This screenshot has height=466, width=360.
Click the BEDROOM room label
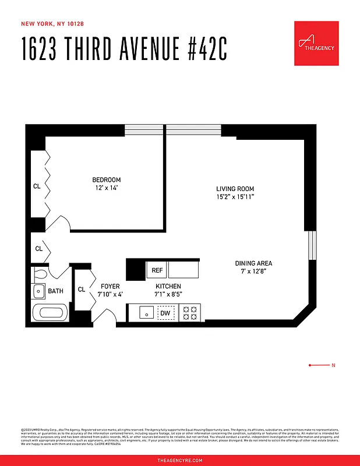(x=107, y=180)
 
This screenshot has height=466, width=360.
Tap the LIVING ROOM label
(x=235, y=189)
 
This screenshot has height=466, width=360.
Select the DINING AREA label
(x=253, y=263)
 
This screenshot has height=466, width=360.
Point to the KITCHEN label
(x=168, y=287)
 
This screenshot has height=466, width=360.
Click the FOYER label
(x=110, y=287)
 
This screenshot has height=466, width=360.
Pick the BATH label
(x=56, y=291)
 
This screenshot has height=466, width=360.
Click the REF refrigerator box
(x=157, y=270)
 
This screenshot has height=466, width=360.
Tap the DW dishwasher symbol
(x=165, y=313)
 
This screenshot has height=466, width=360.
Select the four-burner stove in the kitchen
(x=190, y=313)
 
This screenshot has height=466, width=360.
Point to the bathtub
(x=50, y=313)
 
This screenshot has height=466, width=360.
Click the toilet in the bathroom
(x=41, y=273)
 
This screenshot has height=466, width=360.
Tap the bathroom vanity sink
(x=39, y=291)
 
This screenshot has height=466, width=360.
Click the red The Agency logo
(x=316, y=44)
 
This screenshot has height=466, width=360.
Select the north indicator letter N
(x=333, y=365)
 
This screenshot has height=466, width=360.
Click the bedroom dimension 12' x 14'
(x=107, y=188)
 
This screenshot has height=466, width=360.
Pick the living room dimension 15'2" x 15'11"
(x=235, y=197)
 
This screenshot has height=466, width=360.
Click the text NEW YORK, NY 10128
(x=52, y=24)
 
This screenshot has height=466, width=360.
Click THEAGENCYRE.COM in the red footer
(x=180, y=460)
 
